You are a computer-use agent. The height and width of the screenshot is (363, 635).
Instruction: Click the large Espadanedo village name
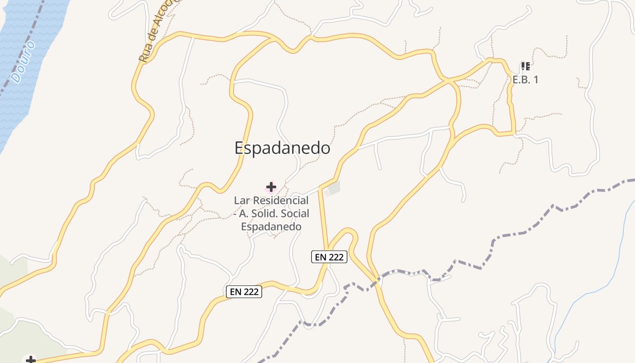[282, 148]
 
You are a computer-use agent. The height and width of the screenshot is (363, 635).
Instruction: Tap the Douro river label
[23, 62]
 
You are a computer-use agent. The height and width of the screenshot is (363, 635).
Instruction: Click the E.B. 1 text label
[525, 79]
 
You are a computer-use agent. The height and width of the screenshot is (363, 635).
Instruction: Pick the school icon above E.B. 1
[525, 67]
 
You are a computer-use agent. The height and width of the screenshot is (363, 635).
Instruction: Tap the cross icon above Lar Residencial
[271, 186]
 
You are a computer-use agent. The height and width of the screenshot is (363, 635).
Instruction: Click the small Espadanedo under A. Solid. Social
[271, 226]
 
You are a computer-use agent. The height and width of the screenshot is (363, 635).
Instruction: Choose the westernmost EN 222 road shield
[244, 292]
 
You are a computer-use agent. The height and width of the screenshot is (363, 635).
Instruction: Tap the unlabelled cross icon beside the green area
[30, 360]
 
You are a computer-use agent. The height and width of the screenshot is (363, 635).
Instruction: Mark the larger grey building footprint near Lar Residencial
[334, 188]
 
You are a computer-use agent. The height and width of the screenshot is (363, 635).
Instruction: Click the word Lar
[241, 200]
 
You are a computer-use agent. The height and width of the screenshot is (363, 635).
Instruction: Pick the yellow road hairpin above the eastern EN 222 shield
[349, 231]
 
